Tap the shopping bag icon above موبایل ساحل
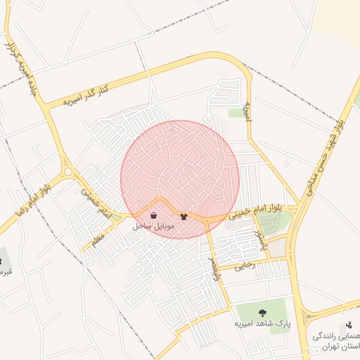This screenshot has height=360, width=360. (x=153, y=216)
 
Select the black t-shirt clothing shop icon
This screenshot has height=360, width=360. (x=184, y=217)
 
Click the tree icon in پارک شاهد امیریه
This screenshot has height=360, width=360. (x=263, y=313)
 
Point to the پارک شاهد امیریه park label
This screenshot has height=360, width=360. (x=262, y=326)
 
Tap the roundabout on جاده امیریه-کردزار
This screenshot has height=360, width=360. (x=68, y=171)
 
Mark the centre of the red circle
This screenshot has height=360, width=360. (x=180, y=179)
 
